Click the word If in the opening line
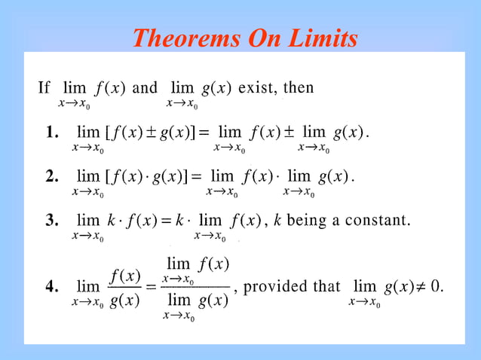pyautogui.click(x=44, y=88)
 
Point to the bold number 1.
pyautogui.click(x=52, y=134)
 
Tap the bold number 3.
pyautogui.click(x=52, y=221)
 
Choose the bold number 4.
pyautogui.click(x=52, y=287)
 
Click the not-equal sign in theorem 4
pyautogui.click(x=418, y=287)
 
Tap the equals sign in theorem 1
pyautogui.click(x=204, y=134)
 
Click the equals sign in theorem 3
pyautogui.click(x=167, y=221)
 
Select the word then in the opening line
pyautogui.click(x=299, y=88)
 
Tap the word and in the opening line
pyautogui.click(x=145, y=88)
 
